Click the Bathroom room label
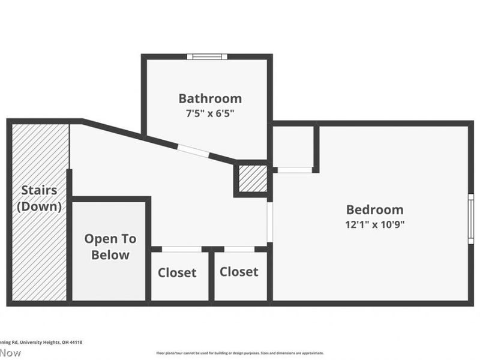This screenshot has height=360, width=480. click(210, 98)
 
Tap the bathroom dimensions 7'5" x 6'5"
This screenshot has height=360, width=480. click(210, 113)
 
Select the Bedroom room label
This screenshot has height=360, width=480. click(374, 209)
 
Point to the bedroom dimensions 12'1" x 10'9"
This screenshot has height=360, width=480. click(374, 224)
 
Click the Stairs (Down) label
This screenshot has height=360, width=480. click(40, 199)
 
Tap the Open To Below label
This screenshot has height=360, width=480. click(110, 247)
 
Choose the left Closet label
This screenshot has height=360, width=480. click(177, 272)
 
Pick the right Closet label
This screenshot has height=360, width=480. click(239, 272)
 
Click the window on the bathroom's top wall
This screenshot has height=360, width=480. click(207, 56)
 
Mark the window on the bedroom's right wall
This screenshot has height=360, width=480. click(471, 218)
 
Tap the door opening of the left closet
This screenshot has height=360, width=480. click(181, 249)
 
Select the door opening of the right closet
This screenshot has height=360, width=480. click(239, 249)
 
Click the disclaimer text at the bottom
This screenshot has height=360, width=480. click(240, 353)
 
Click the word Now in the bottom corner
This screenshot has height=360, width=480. click(10, 353)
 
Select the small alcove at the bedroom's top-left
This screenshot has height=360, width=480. click(293, 147)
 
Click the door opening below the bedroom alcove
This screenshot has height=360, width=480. click(295, 170)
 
